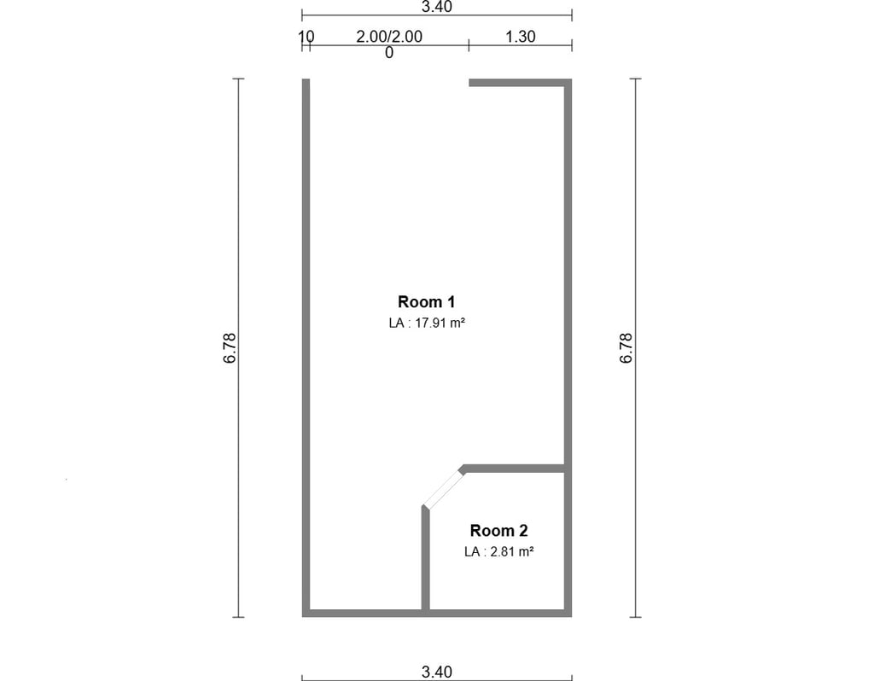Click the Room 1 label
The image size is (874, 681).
click(427, 302)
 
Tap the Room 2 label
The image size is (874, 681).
click(498, 531)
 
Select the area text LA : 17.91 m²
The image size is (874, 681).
click(427, 323)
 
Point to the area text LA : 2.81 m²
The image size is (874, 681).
click(498, 551)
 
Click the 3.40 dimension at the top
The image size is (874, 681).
click(436, 7)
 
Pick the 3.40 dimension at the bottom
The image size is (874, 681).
click(436, 672)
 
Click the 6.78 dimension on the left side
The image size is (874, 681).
click(230, 348)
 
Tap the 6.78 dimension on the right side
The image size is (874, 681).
click(626, 348)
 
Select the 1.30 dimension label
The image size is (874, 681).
click(520, 37)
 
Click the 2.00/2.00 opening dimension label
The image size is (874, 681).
click(389, 37)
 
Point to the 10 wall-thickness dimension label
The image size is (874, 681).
click(306, 37)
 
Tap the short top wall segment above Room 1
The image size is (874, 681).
click(520, 83)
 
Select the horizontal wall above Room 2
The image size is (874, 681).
click(515, 469)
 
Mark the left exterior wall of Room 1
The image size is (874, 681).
click(306, 347)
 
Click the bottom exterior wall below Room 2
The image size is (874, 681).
click(498, 613)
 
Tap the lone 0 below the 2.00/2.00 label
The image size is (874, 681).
click(389, 53)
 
